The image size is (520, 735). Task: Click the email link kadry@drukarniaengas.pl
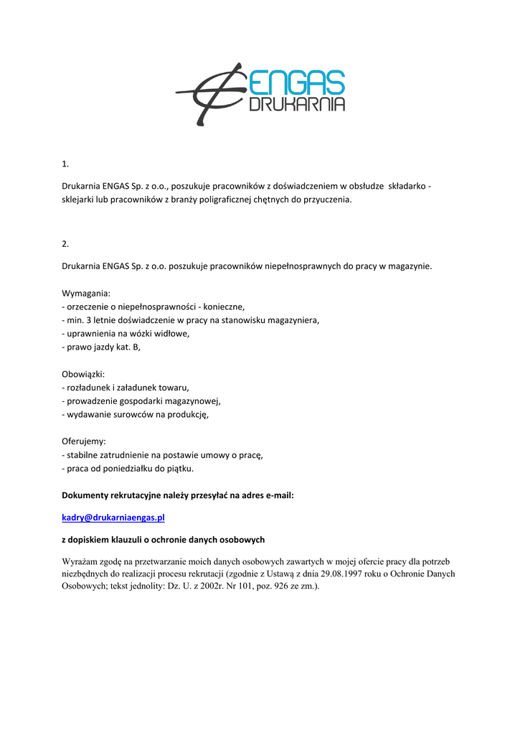tap(113, 518)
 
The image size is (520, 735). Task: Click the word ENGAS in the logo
tap(297, 83)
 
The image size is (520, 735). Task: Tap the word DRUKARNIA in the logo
tap(297, 105)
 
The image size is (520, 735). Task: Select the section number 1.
tap(65, 164)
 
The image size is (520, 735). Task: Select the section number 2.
tap(65, 243)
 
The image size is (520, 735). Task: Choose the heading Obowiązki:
tap(83, 374)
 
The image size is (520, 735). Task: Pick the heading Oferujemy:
tap(84, 441)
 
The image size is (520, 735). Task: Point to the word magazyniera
tap(293, 320)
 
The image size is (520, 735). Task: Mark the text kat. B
tap(128, 347)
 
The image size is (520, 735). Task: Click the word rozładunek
tap(88, 388)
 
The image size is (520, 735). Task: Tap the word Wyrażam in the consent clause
tap(80, 561)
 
